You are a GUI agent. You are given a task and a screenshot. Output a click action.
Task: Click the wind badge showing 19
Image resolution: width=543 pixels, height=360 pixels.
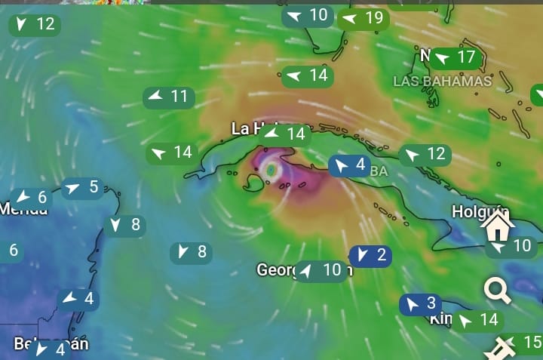coord(363,18)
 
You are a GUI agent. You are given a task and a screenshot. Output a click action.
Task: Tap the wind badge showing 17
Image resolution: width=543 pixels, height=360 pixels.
coord(456,57)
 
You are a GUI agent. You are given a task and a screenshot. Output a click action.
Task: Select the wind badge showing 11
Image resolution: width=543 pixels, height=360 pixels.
coord(169,97)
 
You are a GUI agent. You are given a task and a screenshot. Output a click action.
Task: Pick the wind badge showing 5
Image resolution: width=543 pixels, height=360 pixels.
coord(83,187)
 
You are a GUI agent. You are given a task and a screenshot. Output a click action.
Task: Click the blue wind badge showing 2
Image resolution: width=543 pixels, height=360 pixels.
coord(370,256)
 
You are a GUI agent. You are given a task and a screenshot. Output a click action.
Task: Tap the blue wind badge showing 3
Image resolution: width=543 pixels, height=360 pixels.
coord(421,304)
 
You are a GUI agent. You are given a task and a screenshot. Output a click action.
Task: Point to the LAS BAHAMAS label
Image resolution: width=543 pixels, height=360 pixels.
coord(442,81)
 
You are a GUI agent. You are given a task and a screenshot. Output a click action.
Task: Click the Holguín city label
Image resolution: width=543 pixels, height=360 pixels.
coord(480,211)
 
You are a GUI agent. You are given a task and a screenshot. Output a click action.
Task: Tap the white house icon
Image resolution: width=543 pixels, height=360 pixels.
coord(499,226)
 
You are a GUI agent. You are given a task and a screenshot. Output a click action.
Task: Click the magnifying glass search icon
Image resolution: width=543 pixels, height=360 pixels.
coord(498,291)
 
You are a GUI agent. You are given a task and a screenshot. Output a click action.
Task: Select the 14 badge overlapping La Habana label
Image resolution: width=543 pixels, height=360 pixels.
coord(287,134)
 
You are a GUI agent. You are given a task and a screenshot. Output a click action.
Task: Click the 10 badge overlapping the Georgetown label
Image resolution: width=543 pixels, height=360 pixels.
coord(322,270)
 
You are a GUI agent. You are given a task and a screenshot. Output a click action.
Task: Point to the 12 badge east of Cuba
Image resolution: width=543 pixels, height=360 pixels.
coord(425,155)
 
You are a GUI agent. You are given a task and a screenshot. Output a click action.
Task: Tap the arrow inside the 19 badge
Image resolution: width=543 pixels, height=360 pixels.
coord(349,18)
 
